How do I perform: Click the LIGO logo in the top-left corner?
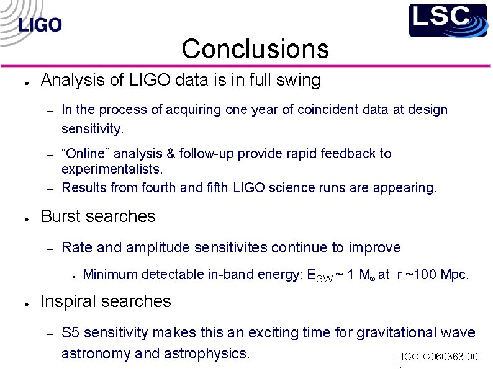coord(40,25)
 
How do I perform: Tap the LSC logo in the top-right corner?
coord(447,20)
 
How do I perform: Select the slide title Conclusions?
coord(255,48)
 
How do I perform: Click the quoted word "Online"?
coord(85,153)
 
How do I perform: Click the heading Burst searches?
coord(98,216)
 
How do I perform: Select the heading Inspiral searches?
coord(106,301)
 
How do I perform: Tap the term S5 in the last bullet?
coord(71,333)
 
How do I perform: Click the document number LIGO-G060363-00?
coord(438,358)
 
